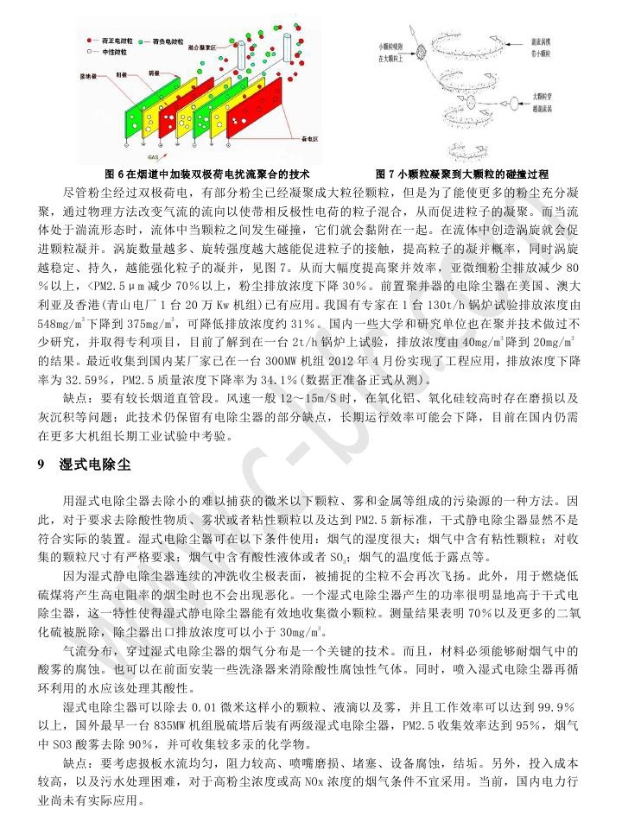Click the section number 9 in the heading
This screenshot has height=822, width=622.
(41, 465)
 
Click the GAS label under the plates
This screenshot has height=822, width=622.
(152, 158)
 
